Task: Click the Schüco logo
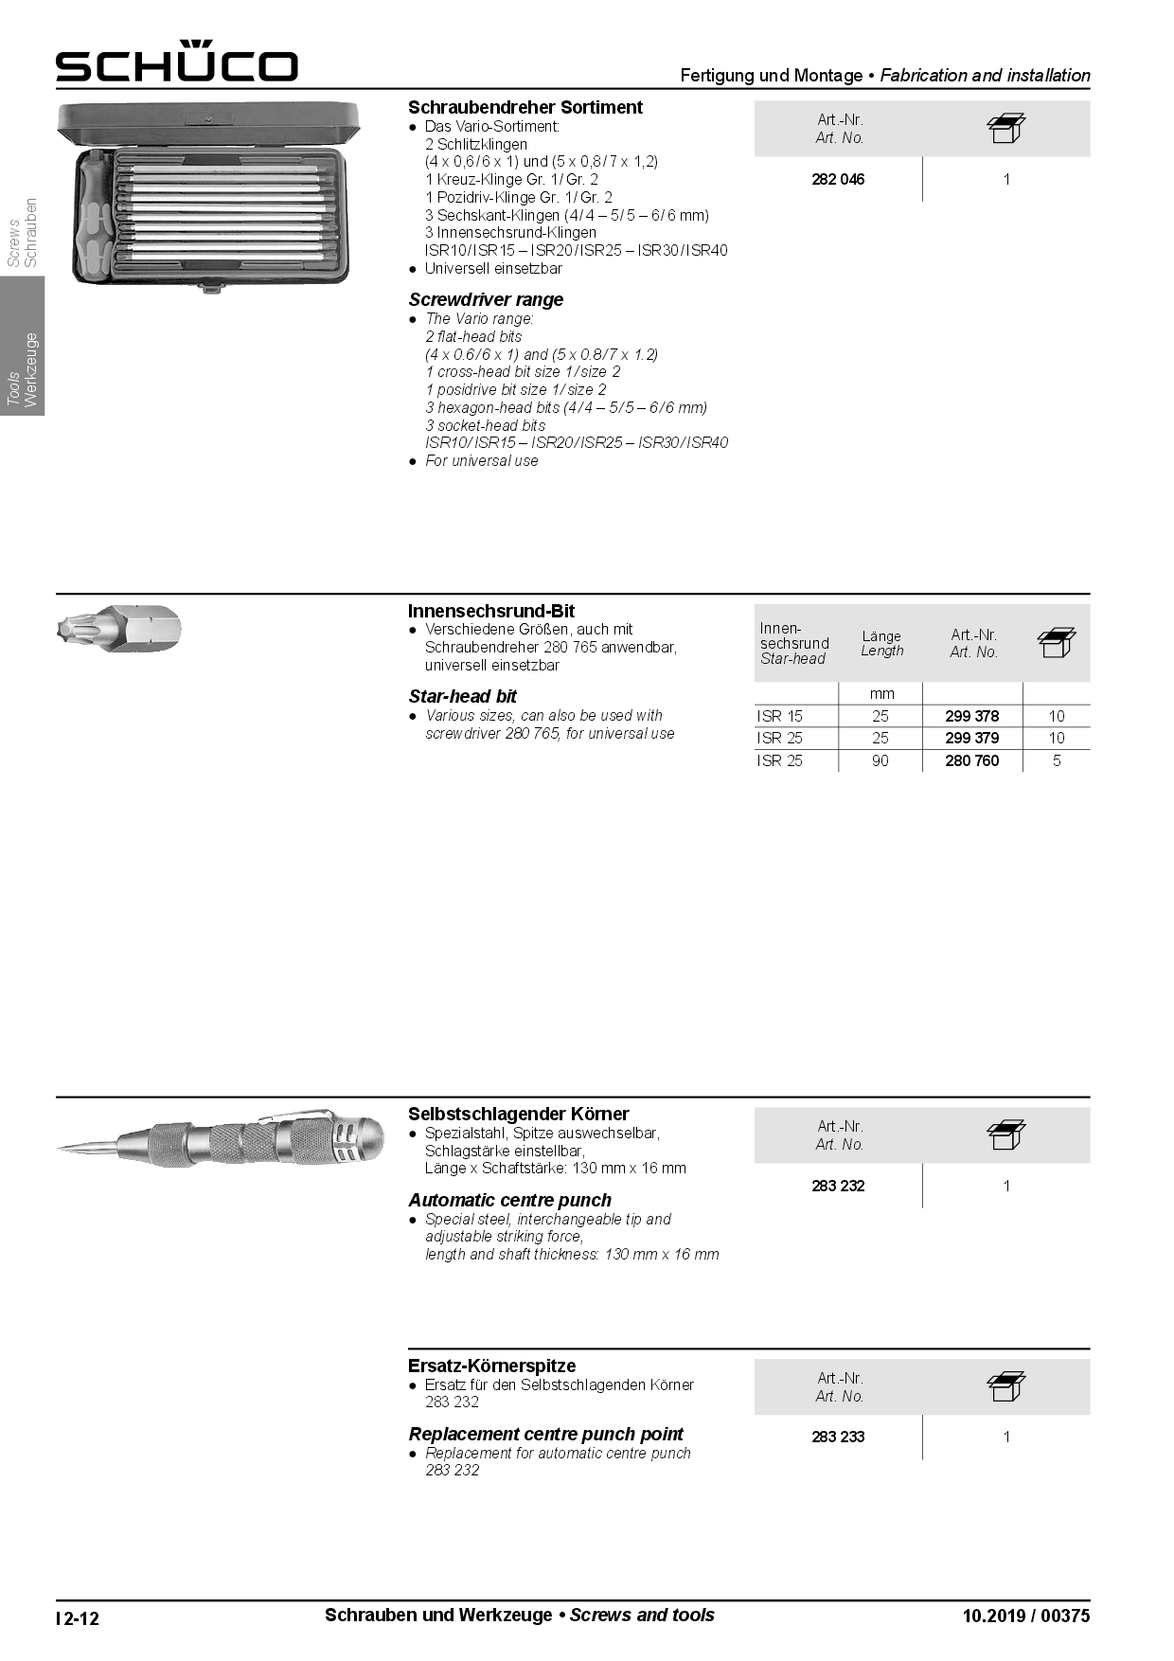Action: tap(176, 63)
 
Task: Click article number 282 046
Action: tap(838, 179)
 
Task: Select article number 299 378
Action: tap(971, 716)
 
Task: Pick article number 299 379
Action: tap(971, 738)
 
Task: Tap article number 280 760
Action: tap(971, 760)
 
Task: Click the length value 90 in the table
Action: tap(880, 760)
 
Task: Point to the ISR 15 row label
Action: tap(779, 716)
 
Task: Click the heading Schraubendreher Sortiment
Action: tap(525, 107)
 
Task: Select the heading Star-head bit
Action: tap(462, 696)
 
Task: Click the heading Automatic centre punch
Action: tap(509, 1200)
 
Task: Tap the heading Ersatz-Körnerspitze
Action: tap(491, 1366)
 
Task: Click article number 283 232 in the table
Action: tap(838, 1186)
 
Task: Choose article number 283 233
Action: tap(838, 1437)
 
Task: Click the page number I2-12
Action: tap(78, 1617)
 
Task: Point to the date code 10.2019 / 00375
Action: tap(1025, 1616)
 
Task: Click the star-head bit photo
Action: tap(118, 628)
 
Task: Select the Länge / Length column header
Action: tap(881, 643)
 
